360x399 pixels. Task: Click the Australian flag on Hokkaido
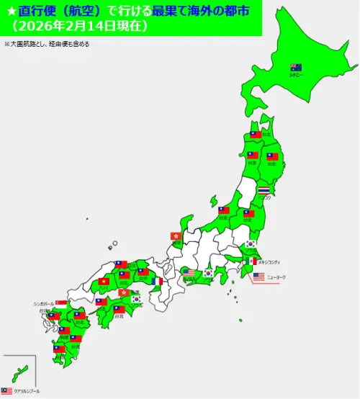click(x=296, y=67)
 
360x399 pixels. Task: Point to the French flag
click(x=158, y=282)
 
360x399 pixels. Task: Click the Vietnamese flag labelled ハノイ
click(x=104, y=282)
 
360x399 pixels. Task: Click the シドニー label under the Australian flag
click(x=295, y=74)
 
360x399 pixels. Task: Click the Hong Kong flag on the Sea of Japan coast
click(x=175, y=236)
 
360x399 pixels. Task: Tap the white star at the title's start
click(x=10, y=10)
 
